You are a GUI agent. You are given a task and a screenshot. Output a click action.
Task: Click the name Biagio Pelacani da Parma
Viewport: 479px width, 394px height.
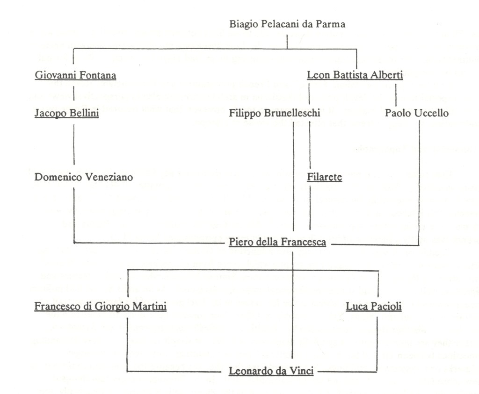(x=287, y=24)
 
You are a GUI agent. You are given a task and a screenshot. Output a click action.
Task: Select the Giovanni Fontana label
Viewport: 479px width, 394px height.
(x=75, y=75)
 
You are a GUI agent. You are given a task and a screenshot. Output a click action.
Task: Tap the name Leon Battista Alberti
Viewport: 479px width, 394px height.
(x=355, y=75)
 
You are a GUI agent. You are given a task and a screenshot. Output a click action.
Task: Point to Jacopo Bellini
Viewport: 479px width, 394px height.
(x=66, y=114)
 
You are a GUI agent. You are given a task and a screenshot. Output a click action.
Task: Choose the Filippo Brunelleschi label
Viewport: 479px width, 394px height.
(x=275, y=114)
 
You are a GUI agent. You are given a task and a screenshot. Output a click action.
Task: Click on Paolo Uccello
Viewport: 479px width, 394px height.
(x=417, y=114)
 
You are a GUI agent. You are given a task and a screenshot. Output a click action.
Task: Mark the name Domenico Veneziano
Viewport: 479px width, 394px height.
(x=84, y=177)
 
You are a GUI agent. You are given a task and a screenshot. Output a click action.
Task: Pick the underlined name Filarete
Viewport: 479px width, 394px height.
(x=325, y=177)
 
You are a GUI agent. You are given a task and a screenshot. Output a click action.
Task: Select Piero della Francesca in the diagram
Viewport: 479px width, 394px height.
(x=277, y=242)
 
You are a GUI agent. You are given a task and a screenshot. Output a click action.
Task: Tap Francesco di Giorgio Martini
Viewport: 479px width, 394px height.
(x=101, y=307)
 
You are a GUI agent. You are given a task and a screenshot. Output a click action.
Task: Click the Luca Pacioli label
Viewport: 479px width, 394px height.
(x=374, y=307)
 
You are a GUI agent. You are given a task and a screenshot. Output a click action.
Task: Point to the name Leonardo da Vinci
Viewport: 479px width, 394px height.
(x=271, y=372)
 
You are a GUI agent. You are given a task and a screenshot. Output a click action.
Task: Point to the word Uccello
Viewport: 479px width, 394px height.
(x=433, y=114)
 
